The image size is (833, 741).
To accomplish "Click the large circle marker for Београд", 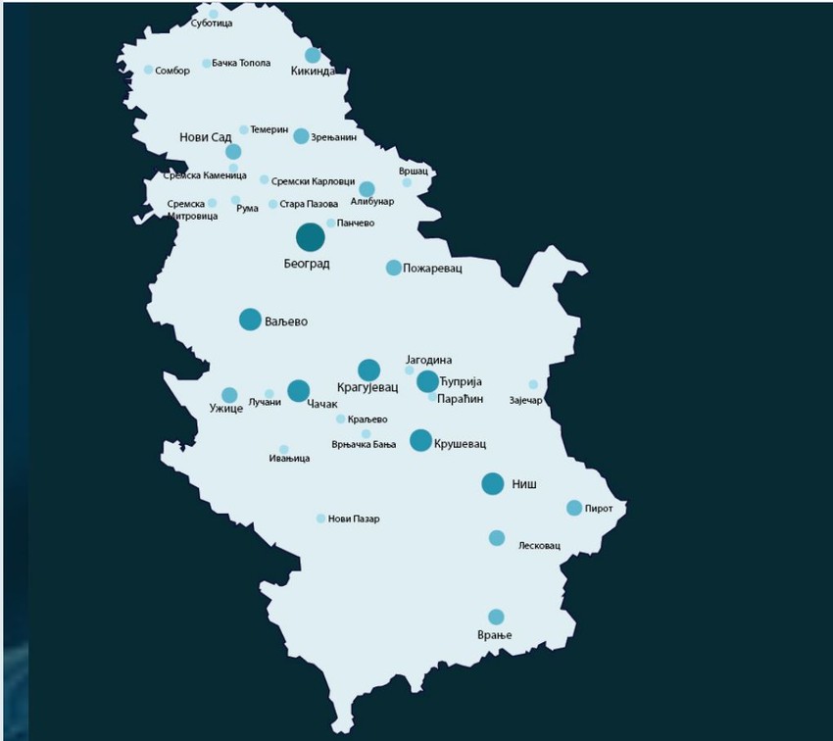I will (x=311, y=237).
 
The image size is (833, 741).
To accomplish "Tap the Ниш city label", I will (x=525, y=484).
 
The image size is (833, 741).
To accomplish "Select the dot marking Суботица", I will (x=214, y=14).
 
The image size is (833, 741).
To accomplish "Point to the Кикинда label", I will (x=313, y=72).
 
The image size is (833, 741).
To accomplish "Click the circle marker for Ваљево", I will (x=250, y=320).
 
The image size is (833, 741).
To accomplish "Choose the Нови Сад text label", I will (x=206, y=137).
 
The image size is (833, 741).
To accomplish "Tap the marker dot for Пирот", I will (x=574, y=508).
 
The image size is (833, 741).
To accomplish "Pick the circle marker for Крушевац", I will (x=420, y=440).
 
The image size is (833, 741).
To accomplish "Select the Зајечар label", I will (x=526, y=400).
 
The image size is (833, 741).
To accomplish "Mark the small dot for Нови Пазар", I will (x=320, y=519).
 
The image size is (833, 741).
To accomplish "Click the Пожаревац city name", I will (x=432, y=268).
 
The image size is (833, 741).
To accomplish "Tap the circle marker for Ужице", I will (x=229, y=395).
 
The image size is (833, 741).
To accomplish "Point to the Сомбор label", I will (x=172, y=71).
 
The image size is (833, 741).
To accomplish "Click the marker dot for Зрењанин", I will (x=301, y=136).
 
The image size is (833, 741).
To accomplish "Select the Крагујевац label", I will (x=368, y=388).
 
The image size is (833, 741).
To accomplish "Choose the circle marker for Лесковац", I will (x=497, y=538).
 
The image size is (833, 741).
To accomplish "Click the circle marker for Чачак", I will (x=299, y=391).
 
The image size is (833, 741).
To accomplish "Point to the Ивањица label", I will (x=290, y=458).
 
